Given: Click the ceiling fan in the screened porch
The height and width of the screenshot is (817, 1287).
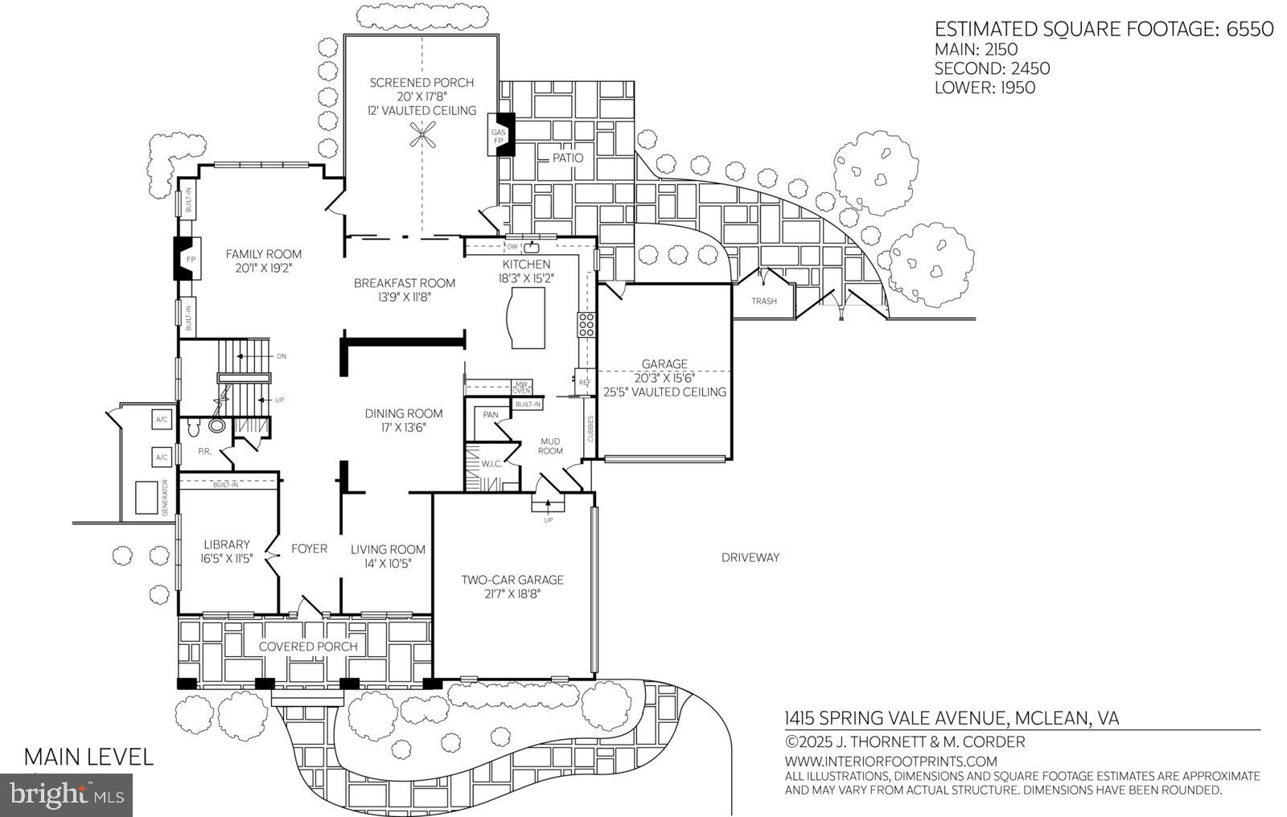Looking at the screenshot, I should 424,136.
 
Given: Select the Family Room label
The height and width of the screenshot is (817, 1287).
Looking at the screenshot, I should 263,254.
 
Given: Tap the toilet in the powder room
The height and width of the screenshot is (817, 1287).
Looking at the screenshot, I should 216,427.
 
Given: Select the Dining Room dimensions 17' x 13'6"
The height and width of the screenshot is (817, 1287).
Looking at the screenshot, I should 404,428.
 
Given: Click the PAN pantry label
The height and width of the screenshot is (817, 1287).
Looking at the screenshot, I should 490,415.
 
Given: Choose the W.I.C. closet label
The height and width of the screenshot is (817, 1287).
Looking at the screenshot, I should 491,463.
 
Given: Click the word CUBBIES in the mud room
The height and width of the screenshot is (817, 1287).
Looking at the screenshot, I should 590,429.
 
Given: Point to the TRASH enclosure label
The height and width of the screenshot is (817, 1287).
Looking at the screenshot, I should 764,302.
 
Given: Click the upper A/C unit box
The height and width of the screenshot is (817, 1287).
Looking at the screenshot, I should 161,420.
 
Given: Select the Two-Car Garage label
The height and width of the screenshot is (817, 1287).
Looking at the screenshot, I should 512,580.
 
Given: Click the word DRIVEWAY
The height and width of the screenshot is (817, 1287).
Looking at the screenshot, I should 750,557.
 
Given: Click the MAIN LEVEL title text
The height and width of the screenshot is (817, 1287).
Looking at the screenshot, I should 88,757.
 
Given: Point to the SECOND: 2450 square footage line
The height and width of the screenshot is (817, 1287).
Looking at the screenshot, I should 992,69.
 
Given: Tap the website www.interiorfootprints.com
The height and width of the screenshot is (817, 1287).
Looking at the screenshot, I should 890,761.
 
